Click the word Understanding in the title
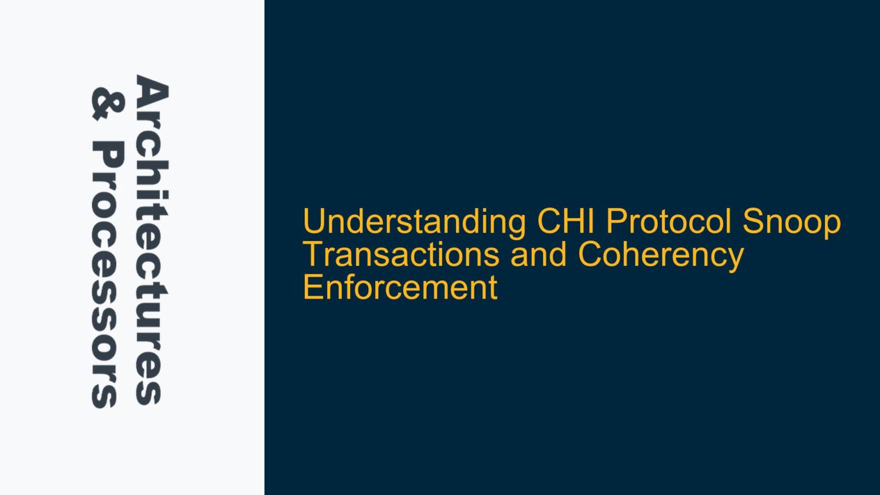[414, 222]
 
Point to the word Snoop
[792, 222]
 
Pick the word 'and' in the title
[538, 254]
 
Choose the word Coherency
[661, 256]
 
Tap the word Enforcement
[400, 287]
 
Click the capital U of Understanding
[314, 222]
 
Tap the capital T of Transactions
[313, 254]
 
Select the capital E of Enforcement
[312, 287]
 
